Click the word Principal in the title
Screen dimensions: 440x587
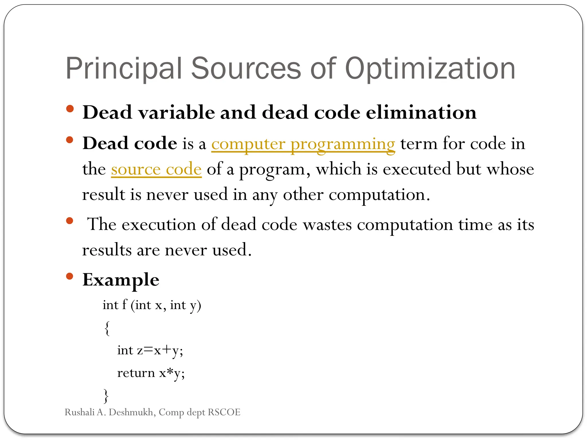point(124,69)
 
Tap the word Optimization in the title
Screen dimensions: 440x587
point(430,69)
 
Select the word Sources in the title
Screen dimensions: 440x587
point(246,69)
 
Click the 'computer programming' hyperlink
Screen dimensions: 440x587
point(303,144)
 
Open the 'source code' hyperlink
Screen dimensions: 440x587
point(156,169)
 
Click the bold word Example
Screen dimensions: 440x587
point(121,280)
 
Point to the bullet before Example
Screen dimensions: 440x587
point(69,276)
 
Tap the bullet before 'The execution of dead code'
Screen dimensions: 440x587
point(69,221)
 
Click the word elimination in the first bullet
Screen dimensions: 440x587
point(421,112)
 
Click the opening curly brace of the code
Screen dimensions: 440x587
point(107,328)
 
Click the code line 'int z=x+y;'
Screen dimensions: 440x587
point(150,350)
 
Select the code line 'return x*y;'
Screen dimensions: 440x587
point(151,373)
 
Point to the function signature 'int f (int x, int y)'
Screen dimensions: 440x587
point(152,305)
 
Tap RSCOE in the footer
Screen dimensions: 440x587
point(224,412)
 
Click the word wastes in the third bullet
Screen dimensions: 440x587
point(327,225)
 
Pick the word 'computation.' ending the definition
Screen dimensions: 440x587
point(379,195)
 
